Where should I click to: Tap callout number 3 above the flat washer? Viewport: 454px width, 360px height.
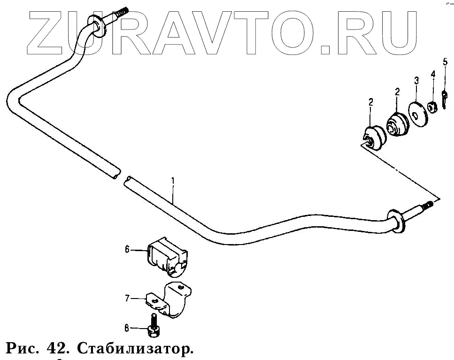(x=416, y=80)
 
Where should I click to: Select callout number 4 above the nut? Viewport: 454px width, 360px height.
(x=433, y=74)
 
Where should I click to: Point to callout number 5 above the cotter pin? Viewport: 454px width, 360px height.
(x=445, y=61)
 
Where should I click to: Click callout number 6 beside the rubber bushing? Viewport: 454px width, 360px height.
(x=127, y=250)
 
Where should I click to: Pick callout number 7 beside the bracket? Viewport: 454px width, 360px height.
(x=127, y=298)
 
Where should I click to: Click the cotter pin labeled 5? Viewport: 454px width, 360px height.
(x=444, y=98)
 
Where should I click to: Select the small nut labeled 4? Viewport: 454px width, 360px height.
(x=433, y=107)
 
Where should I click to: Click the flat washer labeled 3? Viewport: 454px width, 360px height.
(x=416, y=113)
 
